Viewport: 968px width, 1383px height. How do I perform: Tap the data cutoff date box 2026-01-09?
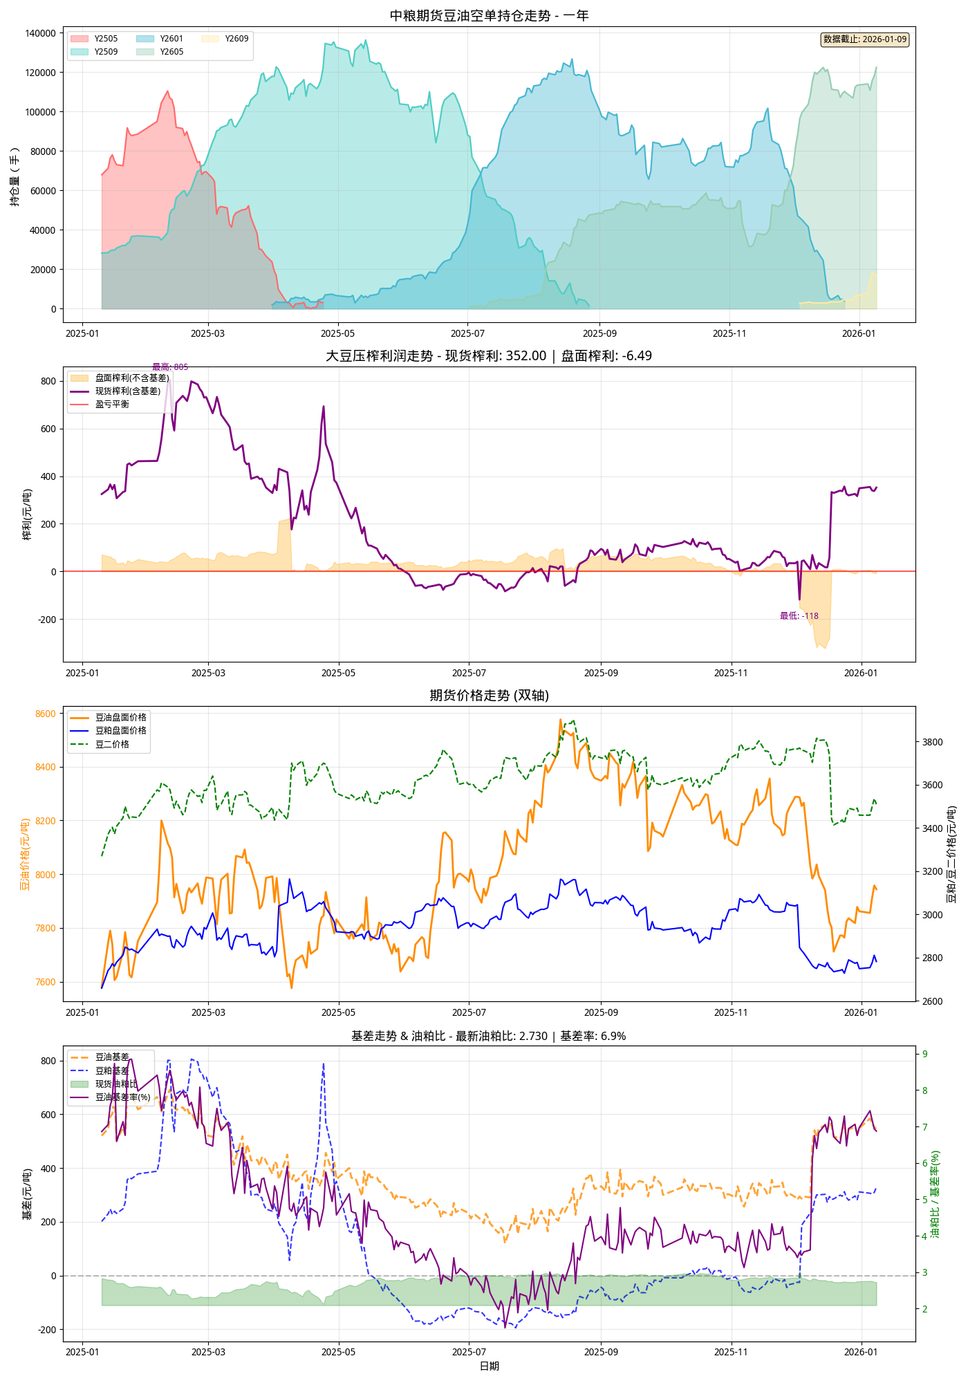864,39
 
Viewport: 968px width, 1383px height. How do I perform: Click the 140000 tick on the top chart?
40,33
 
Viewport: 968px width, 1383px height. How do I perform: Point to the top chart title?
489,15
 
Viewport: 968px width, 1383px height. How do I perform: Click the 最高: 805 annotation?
170,367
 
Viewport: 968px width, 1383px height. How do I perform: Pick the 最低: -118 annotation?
799,616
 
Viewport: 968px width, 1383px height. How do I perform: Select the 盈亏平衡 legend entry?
112,405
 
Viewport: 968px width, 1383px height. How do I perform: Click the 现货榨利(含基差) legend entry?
127,391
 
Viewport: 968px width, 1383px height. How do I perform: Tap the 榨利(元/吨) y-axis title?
27,514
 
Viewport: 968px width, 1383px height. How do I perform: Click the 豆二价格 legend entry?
112,745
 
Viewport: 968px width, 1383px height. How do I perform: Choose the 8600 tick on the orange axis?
45,714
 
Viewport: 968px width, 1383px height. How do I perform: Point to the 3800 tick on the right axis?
933,742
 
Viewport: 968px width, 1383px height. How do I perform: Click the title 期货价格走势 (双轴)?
489,696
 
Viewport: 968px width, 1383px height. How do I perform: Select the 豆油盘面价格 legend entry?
120,718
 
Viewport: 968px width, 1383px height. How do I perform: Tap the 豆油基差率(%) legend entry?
122,1097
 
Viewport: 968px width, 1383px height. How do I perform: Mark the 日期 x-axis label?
489,1366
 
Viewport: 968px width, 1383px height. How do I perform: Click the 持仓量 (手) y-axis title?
15,176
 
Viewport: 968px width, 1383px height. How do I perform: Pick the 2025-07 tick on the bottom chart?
469,1352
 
